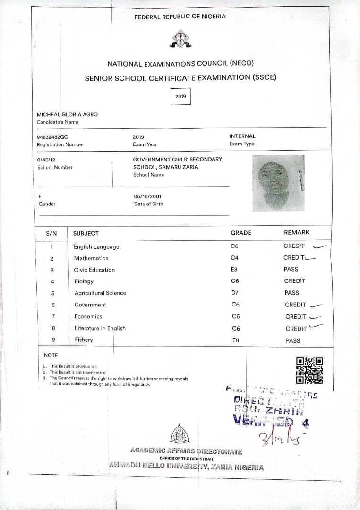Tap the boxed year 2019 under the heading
(180, 96)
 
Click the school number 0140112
(46, 160)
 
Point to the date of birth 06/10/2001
(148, 196)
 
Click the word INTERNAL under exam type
(242, 136)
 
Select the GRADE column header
(241, 233)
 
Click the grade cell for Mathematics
(235, 258)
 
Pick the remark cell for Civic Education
(291, 269)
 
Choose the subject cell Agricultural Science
(100, 293)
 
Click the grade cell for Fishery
(236, 340)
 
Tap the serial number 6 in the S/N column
(53, 305)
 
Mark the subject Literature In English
(100, 328)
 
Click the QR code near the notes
(309, 370)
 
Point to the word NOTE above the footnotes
(51, 355)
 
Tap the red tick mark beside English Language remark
(319, 246)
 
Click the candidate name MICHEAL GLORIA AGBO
(67, 115)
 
